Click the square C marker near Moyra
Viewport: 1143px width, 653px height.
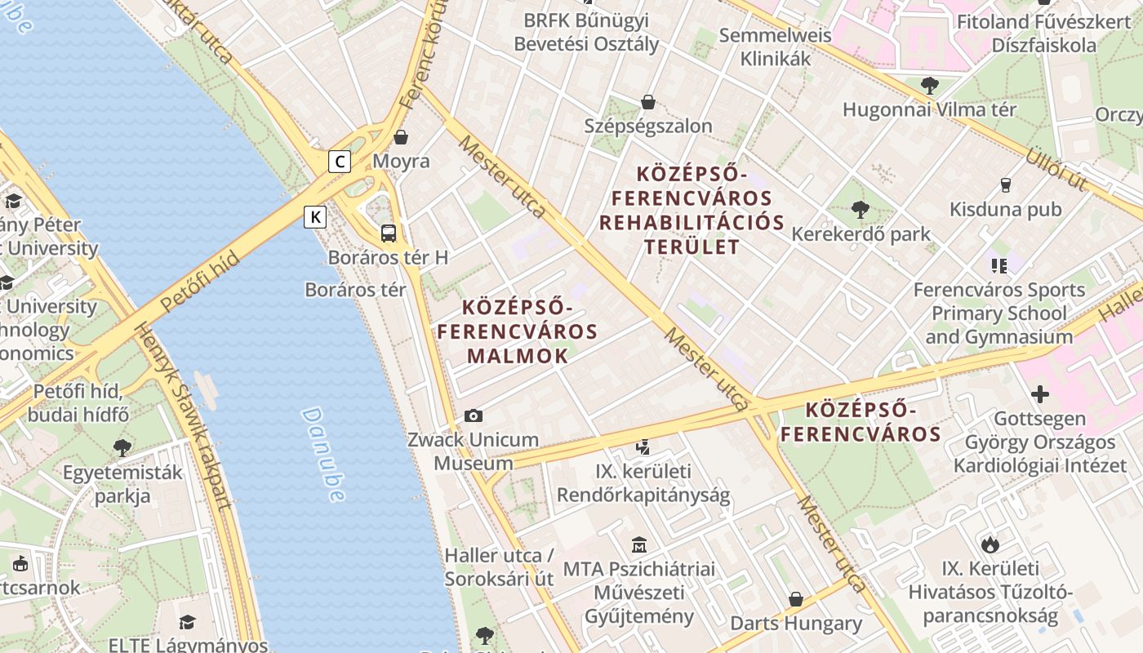pyautogui.click(x=340, y=162)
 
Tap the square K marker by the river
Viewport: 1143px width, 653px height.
pyautogui.click(x=315, y=217)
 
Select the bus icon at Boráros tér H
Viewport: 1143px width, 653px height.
pyautogui.click(x=389, y=233)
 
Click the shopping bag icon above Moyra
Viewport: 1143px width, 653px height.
pyautogui.click(x=401, y=137)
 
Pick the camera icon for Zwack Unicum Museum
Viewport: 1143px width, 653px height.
pyautogui.click(x=473, y=416)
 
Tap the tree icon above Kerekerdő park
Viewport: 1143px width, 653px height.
pyautogui.click(x=860, y=210)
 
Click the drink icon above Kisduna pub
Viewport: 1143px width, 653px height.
pyautogui.click(x=1005, y=185)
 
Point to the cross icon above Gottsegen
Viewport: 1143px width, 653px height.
pyautogui.click(x=1039, y=395)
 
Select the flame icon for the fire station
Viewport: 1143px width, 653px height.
pyautogui.click(x=990, y=544)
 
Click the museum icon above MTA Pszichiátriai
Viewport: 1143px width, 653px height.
pyautogui.click(x=639, y=544)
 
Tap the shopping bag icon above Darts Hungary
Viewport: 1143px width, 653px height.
pyautogui.click(x=796, y=600)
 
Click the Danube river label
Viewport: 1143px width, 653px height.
pyautogui.click(x=324, y=454)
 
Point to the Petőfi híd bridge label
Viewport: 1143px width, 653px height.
pyautogui.click(x=199, y=282)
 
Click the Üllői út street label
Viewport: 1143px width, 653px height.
pyautogui.click(x=1056, y=167)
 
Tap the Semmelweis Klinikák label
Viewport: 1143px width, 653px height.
pyautogui.click(x=775, y=47)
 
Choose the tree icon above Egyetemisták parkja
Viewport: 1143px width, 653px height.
pyautogui.click(x=122, y=447)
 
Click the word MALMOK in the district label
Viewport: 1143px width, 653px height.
pyautogui.click(x=518, y=356)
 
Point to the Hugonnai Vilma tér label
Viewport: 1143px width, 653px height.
pyautogui.click(x=929, y=109)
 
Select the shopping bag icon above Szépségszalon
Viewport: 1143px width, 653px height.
pyautogui.click(x=648, y=102)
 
